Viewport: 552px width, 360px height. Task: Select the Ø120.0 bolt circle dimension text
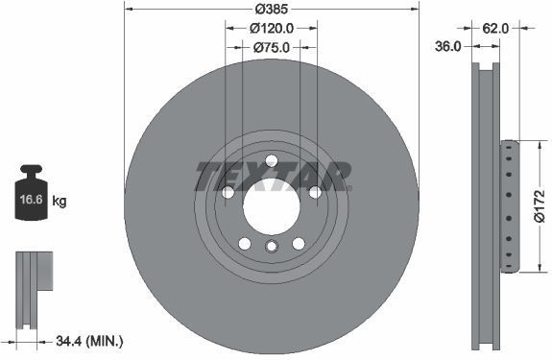(x=272, y=29)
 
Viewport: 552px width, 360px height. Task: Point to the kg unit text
(x=60, y=202)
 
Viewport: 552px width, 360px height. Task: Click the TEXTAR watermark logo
(x=272, y=175)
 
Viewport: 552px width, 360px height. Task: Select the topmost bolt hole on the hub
(x=271, y=159)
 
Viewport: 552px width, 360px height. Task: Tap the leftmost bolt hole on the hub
(x=228, y=192)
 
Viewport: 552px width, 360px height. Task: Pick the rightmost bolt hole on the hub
(x=314, y=192)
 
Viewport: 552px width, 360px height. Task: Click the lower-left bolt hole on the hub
(x=245, y=243)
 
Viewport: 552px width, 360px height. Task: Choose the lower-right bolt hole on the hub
(x=298, y=243)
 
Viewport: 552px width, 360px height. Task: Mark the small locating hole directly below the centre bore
(x=271, y=249)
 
